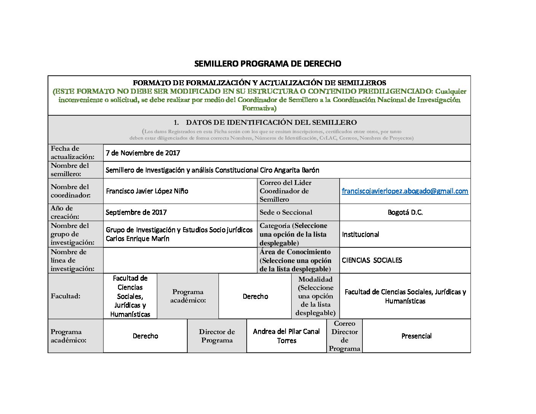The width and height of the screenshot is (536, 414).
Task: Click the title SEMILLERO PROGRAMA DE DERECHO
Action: tap(267, 64)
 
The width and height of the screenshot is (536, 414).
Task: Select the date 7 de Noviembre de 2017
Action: tap(143, 153)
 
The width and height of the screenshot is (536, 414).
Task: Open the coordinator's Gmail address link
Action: tap(405, 191)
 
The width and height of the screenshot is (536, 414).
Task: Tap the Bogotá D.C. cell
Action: tap(405, 212)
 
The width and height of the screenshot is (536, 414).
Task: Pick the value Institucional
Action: tap(361, 234)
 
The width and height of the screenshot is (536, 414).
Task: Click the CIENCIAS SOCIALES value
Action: tap(372, 260)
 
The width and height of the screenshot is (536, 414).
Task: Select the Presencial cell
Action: tap(416, 336)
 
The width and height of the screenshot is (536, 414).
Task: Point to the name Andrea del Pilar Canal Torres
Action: tap(286, 336)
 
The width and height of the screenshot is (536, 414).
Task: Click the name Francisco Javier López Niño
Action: tap(147, 191)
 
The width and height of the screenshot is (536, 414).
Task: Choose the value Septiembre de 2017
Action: tap(136, 212)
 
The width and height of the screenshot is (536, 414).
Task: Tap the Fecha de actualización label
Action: tap(72, 153)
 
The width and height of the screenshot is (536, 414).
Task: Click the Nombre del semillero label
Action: tap(70, 170)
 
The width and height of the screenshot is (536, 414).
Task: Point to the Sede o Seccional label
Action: tap(286, 212)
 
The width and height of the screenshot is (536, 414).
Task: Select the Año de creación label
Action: tap(65, 212)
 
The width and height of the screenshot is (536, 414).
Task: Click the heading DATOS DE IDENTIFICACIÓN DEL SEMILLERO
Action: tap(271, 123)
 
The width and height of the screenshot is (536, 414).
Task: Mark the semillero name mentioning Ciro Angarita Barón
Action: tap(212, 170)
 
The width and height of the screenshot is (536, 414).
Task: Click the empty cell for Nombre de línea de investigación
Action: tap(180, 260)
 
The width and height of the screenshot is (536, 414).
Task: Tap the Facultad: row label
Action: tap(65, 296)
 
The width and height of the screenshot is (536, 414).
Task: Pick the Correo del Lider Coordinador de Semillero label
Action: tap(286, 191)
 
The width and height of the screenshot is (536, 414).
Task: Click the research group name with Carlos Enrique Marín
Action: tap(179, 234)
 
